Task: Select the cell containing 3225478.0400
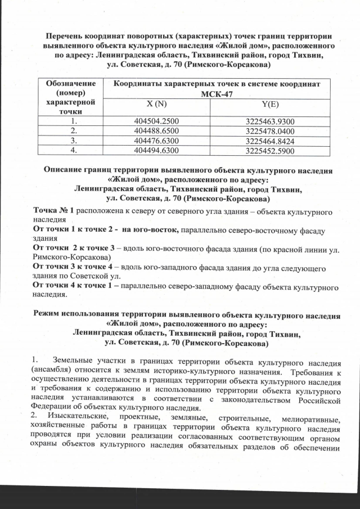[x=270, y=131]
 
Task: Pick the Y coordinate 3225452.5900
[x=270, y=151]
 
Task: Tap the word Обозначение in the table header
[x=70, y=83]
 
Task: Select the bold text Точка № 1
[x=54, y=210]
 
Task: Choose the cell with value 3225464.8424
[x=270, y=141]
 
